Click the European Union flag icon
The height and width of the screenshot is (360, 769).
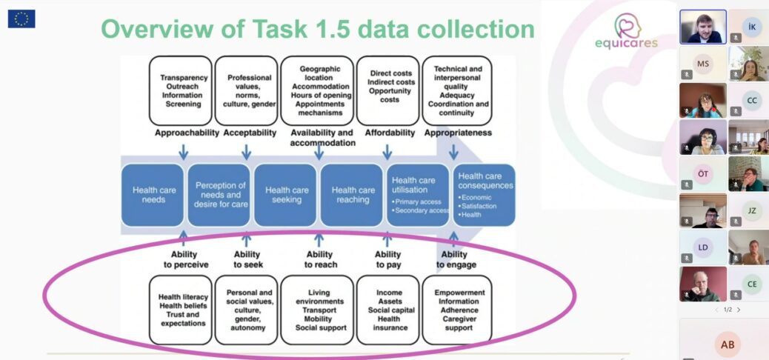(21, 19)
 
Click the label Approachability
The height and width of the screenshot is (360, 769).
(187, 133)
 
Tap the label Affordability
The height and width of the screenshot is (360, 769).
(390, 133)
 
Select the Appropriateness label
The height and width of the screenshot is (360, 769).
(458, 133)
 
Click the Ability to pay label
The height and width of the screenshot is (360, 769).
(388, 259)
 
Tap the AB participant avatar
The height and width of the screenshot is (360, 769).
(727, 344)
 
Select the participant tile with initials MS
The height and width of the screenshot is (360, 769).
(702, 64)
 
